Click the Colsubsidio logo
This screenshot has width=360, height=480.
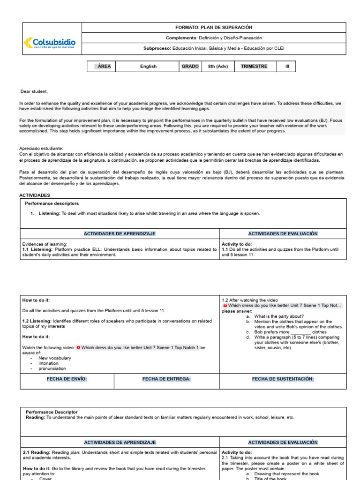49,44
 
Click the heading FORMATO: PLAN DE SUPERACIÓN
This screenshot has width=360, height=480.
213,28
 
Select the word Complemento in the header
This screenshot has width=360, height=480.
181,38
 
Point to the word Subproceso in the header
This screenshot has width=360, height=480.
157,48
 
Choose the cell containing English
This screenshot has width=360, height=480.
148,67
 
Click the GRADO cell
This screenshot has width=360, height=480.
190,67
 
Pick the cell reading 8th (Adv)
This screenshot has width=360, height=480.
218,67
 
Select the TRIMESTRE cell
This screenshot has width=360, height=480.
254,67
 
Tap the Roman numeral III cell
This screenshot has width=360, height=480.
287,67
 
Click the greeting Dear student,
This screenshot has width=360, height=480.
34,91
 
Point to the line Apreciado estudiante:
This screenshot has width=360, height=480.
41,148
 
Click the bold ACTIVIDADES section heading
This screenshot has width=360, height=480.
34,195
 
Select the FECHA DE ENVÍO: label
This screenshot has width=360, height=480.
67,379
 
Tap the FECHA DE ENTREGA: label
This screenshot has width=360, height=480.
166,379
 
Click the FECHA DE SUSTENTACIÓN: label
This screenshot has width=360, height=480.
283,379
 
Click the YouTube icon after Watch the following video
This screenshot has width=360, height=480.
78,348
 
